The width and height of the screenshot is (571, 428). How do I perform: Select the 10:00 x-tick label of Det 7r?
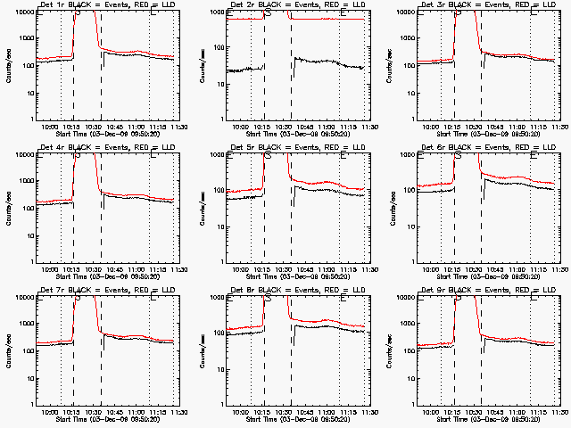tap(52, 411)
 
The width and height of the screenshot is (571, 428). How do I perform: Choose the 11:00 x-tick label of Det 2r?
tap(327, 126)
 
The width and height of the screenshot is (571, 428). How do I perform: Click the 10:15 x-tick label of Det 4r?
tap(73, 268)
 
